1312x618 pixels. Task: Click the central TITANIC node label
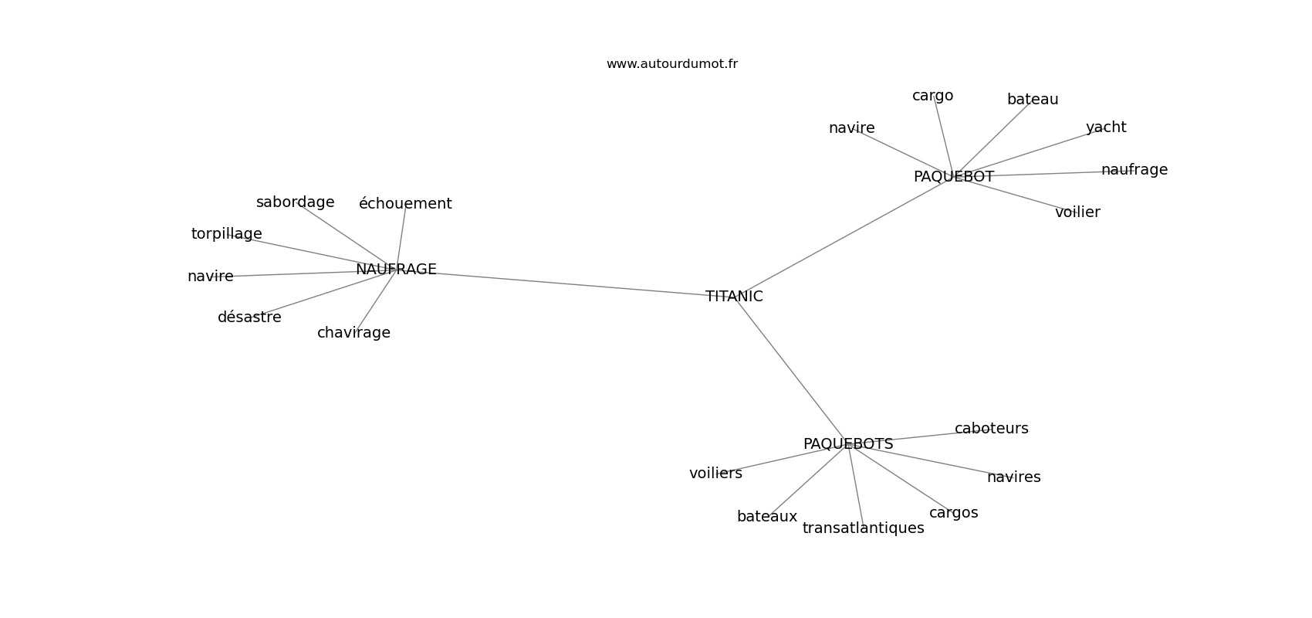pos(734,297)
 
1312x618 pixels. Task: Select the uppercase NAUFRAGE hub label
pos(396,269)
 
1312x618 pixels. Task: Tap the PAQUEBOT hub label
pos(954,176)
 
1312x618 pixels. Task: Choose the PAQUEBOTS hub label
pos(848,444)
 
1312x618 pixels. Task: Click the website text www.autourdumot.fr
pos(671,64)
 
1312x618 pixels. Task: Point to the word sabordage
pos(295,202)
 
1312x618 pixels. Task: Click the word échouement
pos(405,203)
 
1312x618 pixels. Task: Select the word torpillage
pos(227,234)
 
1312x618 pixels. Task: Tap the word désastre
pos(249,317)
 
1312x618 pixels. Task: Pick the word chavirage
pos(353,333)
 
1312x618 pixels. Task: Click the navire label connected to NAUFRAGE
pos(210,276)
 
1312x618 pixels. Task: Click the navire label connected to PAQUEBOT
pos(851,127)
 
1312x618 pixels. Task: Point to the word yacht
pos(1106,127)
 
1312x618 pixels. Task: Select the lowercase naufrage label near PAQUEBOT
pos(1134,170)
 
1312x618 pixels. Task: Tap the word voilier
pos(1077,212)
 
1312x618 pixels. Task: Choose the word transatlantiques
pos(864,528)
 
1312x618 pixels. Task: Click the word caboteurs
pos(992,429)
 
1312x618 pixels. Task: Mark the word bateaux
pos(767,517)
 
